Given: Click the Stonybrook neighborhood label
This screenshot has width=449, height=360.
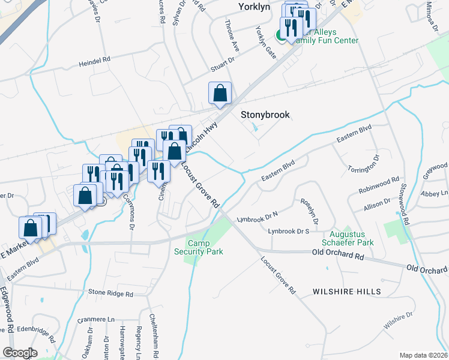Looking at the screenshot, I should coord(265,115).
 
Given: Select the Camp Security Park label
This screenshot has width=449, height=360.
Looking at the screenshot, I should coord(206,247).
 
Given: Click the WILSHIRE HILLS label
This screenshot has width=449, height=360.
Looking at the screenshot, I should coord(346,292).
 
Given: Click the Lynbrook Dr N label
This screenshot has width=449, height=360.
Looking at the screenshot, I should coord(257,217).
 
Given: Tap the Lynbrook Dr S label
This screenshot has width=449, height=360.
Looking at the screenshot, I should coord(288,231).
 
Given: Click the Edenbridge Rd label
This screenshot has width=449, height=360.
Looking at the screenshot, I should coord(36,329).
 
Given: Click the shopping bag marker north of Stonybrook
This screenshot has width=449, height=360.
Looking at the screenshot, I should coord(220,94).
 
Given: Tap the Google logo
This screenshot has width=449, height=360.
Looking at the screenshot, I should coord(20,352).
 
